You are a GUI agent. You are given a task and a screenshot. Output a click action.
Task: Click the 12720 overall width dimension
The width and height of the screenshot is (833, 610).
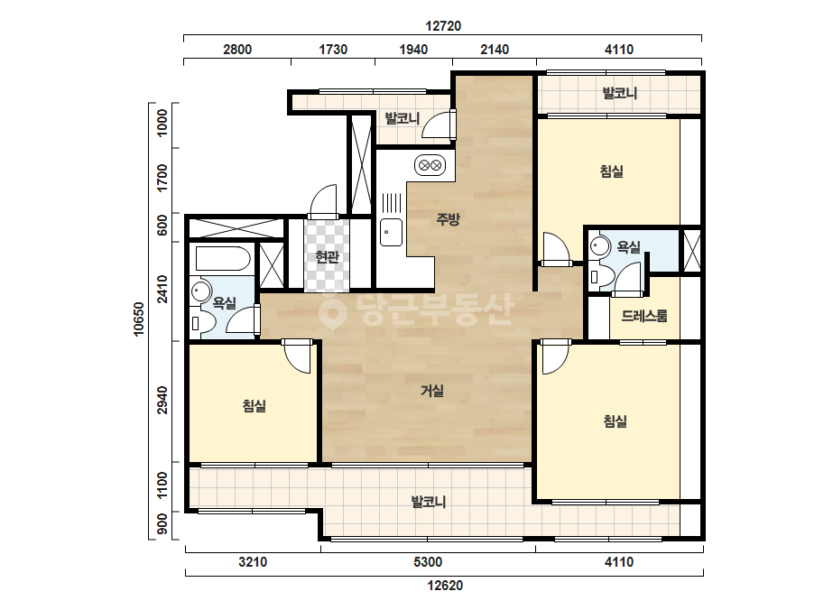[443, 26]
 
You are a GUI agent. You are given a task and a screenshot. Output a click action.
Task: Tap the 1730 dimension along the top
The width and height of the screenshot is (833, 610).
[333, 50]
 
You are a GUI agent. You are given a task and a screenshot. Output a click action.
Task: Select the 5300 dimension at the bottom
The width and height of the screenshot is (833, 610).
[428, 561]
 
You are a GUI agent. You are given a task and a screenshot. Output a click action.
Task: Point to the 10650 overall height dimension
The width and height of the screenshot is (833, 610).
[139, 319]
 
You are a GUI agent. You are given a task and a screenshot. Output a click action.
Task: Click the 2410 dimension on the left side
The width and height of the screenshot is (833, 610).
[162, 289]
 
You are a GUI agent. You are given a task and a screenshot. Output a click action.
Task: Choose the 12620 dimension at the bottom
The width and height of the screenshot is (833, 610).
[445, 586]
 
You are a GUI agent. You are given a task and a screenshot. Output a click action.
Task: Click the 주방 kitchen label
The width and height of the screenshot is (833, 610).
[448, 219]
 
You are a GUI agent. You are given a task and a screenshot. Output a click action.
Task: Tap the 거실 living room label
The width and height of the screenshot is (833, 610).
[432, 391]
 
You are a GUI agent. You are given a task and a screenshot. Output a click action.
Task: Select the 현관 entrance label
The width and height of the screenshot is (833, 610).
[327, 257]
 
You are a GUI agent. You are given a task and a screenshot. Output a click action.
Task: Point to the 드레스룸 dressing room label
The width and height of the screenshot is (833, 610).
[643, 316]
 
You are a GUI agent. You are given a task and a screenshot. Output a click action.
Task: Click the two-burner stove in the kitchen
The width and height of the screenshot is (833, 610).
[430, 166]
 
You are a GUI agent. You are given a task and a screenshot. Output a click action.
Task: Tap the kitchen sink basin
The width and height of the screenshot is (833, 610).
[391, 232]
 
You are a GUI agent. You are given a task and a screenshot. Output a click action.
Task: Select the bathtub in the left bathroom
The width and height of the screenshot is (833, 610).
[223, 259]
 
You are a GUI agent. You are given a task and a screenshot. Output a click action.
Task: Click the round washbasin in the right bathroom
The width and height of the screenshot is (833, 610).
[600, 245]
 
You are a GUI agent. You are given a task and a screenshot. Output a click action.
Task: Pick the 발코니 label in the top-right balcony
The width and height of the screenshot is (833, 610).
[619, 94]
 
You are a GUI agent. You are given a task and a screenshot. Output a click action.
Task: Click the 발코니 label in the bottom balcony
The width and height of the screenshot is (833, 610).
[428, 502]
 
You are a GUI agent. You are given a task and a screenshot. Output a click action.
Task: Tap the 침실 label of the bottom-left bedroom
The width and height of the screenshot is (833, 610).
[254, 406]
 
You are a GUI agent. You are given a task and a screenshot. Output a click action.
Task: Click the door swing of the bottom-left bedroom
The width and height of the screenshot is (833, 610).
[296, 356]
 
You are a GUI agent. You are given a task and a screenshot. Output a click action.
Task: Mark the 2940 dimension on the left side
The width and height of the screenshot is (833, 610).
[162, 401]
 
